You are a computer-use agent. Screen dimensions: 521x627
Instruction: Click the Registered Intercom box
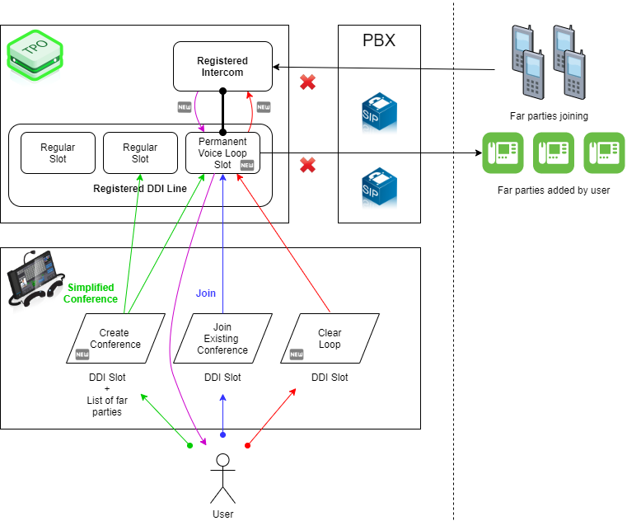[222, 66]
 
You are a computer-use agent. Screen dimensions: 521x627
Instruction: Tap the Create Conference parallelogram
[115, 338]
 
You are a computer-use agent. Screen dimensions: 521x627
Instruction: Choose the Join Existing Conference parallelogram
[222, 338]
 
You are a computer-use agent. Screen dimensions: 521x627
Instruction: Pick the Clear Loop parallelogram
[330, 338]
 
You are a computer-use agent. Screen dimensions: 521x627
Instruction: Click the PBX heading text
[379, 40]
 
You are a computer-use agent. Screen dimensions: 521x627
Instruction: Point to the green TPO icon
[35, 52]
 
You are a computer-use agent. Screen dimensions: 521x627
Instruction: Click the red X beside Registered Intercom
[307, 82]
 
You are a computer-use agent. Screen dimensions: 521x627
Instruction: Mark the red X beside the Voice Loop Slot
[307, 165]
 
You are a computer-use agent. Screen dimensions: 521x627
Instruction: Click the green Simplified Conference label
[91, 293]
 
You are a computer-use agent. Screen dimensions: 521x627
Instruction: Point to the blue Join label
[206, 293]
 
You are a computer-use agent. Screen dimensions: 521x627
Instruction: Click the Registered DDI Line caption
[140, 189]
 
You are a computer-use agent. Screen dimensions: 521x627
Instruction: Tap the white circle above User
[222, 460]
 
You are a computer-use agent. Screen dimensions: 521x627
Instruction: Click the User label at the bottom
[222, 514]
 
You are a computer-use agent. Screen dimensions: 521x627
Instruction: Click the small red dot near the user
[247, 445]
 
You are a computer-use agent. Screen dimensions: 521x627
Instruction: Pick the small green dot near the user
[190, 445]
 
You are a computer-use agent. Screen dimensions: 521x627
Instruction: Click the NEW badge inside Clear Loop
[297, 354]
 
